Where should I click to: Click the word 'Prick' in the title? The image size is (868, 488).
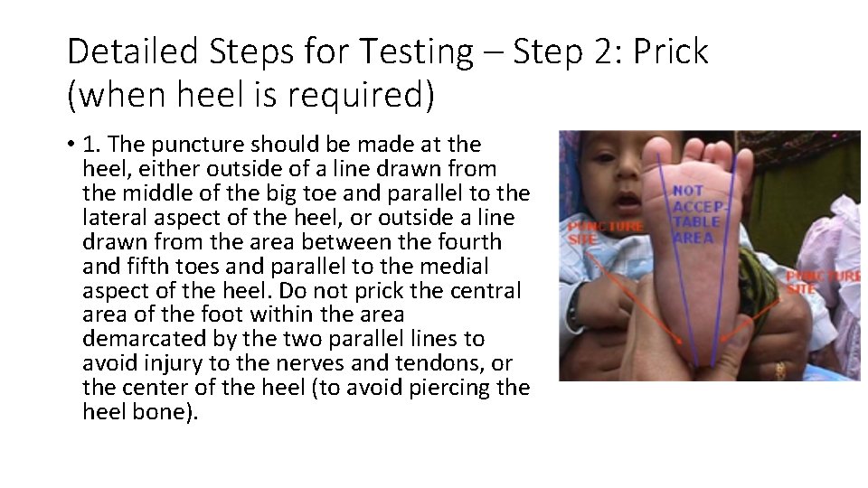[670, 52]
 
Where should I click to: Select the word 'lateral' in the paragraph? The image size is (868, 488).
[109, 218]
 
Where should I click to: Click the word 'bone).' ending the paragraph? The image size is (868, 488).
[164, 412]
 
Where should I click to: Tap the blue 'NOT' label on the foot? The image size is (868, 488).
[688, 191]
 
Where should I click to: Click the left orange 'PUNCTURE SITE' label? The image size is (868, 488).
[592, 232]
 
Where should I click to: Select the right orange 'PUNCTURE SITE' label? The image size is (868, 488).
[818, 281]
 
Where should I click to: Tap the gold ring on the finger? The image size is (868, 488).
[779, 369]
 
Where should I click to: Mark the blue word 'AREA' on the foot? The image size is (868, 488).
[693, 238]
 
